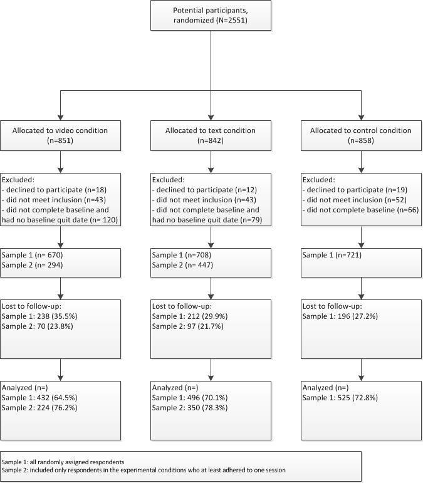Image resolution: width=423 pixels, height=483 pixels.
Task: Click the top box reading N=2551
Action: [211, 15]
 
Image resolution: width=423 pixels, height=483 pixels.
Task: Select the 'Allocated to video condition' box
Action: [60, 136]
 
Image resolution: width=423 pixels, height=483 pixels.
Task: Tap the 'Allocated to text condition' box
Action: [211, 136]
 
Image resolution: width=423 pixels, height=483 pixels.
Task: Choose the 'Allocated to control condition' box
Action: [361, 136]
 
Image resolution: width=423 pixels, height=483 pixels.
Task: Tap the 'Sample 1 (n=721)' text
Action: [332, 255]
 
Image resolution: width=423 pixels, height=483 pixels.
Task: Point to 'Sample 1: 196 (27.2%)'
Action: [341, 316]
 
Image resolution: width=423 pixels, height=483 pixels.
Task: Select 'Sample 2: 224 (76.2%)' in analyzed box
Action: [41, 407]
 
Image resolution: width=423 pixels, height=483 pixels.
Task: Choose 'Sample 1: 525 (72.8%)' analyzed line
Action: [341, 397]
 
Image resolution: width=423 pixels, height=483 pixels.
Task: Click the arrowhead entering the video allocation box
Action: [60, 117]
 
